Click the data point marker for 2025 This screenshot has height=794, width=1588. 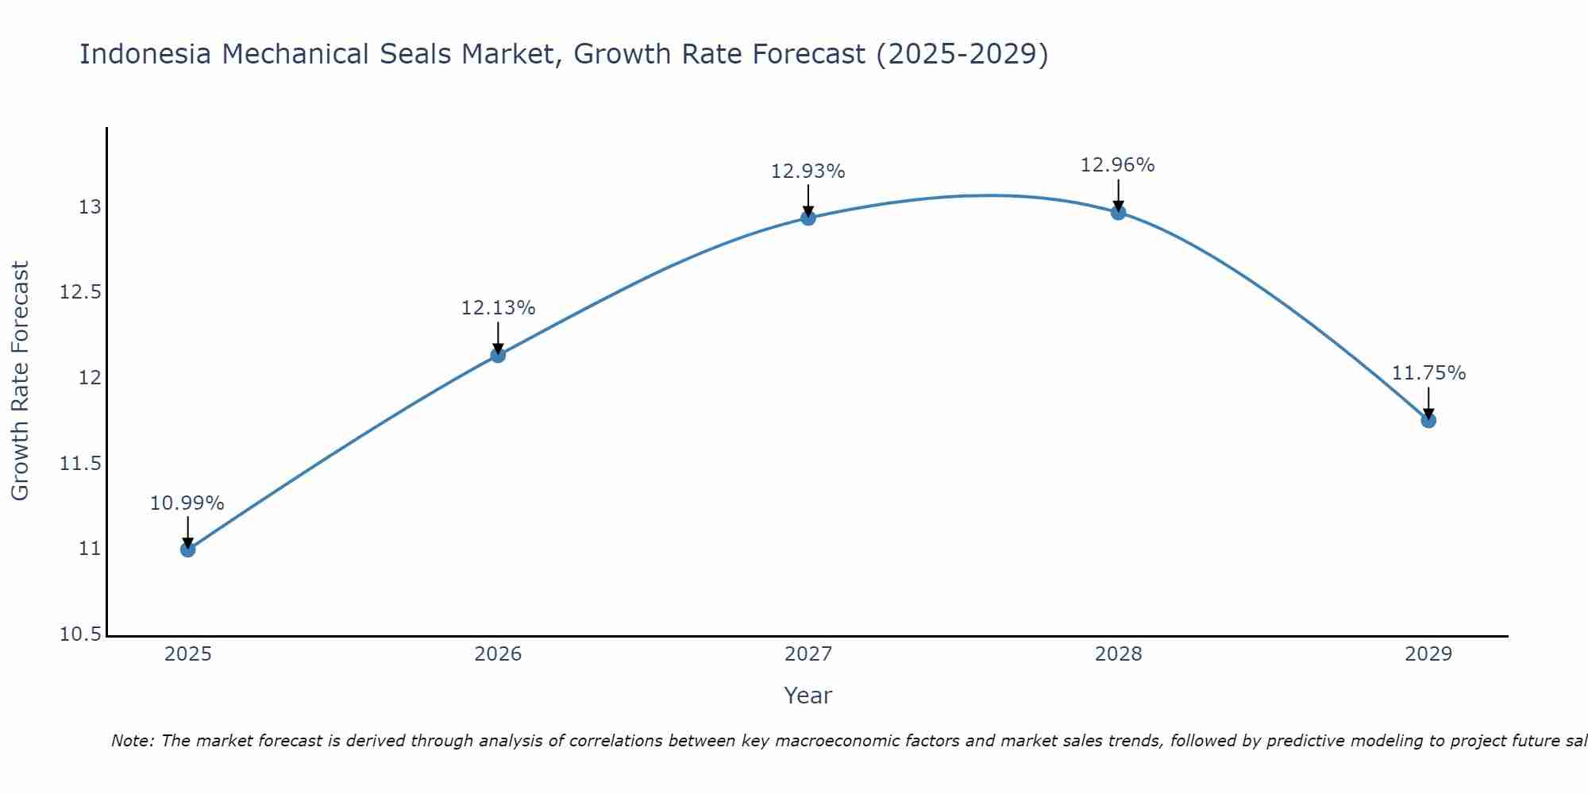click(x=187, y=549)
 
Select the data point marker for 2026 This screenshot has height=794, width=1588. click(x=498, y=355)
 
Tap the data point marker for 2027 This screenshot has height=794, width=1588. click(x=808, y=218)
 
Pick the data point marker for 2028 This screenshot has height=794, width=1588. click(x=1118, y=212)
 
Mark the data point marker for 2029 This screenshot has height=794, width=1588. click(x=1428, y=420)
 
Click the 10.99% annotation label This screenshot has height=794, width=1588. click(x=187, y=503)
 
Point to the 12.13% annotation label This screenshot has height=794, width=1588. click(x=498, y=308)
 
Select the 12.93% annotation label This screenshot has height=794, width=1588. click(x=808, y=172)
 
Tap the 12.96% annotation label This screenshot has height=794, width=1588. click(x=1118, y=165)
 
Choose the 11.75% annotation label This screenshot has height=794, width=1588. click(x=1428, y=373)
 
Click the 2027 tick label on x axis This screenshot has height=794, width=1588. click(x=808, y=654)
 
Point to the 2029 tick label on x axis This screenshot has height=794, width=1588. click(x=1428, y=654)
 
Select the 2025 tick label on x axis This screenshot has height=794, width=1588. click(x=187, y=654)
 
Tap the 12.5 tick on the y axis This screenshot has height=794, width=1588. click(x=80, y=292)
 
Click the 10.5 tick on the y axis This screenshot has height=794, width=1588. click(x=80, y=634)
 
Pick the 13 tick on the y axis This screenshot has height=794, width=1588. click(x=90, y=207)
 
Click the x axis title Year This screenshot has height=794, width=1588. click(x=808, y=696)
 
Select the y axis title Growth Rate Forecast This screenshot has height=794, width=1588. click(x=20, y=381)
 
